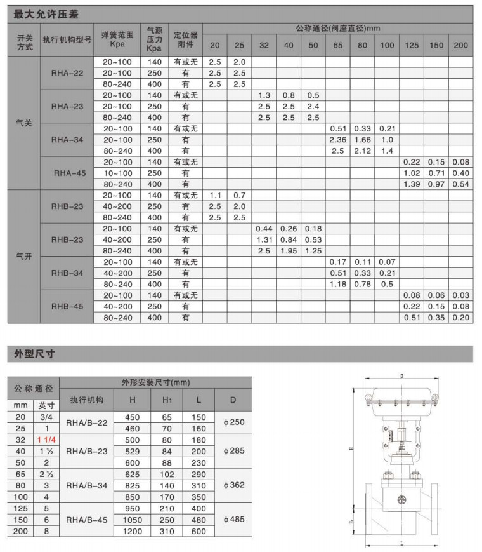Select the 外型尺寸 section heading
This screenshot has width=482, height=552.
click(32, 353)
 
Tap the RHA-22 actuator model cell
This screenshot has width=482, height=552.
click(67, 73)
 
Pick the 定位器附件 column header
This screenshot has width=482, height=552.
click(185, 39)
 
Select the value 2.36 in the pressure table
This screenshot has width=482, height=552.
click(337, 140)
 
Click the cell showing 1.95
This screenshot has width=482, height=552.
click(289, 251)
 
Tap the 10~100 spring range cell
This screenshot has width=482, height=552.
click(117, 173)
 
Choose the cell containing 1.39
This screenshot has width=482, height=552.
click(412, 184)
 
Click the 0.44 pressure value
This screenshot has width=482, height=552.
click(264, 229)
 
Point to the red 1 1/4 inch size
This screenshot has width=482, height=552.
click(46, 440)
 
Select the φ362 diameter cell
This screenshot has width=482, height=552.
click(233, 485)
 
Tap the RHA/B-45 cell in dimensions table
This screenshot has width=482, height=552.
click(87, 520)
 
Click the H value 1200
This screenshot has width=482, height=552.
click(133, 531)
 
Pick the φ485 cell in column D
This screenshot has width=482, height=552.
click(233, 520)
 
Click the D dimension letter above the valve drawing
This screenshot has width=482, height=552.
click(401, 377)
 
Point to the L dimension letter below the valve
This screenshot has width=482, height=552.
click(401, 544)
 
